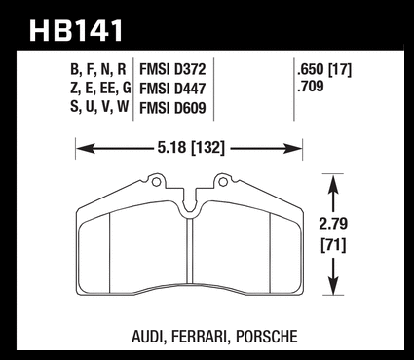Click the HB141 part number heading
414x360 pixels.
pos(76,31)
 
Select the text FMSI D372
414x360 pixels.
pos(172,69)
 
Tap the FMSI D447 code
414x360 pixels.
pos(172,89)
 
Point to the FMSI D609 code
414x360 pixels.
pos(172,108)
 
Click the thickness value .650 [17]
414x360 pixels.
pos(324,70)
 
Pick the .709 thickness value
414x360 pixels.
pos(310,87)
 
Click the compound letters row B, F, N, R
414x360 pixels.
pos(98,70)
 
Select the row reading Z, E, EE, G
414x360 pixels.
pos(100,89)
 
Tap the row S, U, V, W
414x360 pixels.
pos(99,107)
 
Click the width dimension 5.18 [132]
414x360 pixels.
pos(191,148)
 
